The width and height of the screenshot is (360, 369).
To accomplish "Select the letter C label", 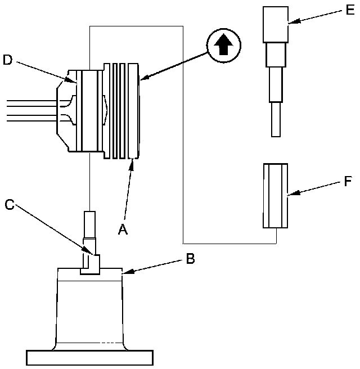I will pos(9,204).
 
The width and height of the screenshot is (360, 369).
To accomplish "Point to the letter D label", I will pos(7,60).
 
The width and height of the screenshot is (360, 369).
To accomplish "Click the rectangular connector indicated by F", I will pos(276,196).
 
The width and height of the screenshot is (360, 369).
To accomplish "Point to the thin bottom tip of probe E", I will pos(276,119).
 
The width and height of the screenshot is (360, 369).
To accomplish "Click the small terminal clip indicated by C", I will pos(90,263).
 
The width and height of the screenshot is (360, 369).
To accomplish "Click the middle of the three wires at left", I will pos(28,110).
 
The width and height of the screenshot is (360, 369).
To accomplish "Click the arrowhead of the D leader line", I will pos(77,82).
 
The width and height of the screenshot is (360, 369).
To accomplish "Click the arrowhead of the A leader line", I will pos(133,160).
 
